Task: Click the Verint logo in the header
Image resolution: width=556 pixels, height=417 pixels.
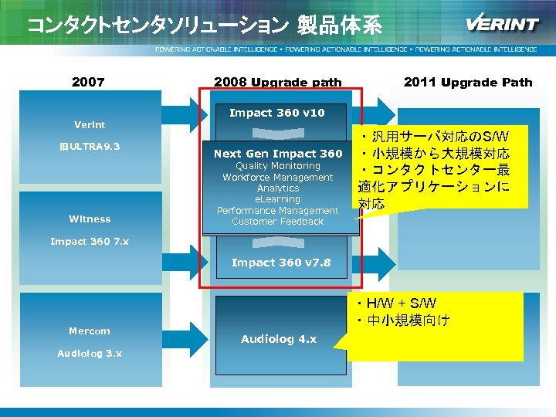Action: tap(502, 23)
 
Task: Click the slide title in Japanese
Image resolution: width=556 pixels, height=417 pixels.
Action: tap(205, 25)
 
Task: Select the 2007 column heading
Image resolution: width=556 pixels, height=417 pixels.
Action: tap(88, 82)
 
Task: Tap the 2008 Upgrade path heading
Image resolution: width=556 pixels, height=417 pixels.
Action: tap(278, 82)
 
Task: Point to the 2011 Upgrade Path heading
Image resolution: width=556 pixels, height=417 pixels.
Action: tap(468, 82)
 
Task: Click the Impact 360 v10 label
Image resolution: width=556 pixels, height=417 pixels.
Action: tap(277, 113)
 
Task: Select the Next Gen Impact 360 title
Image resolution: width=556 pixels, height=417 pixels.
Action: tap(278, 154)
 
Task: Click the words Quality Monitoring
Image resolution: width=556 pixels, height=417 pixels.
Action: tap(278, 166)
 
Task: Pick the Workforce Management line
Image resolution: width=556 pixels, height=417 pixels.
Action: tap(278, 178)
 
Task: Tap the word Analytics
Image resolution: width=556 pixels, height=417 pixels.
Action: tap(278, 188)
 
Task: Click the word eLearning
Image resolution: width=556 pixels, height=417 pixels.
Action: tap(278, 199)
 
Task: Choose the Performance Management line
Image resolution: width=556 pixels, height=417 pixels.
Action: tap(278, 211)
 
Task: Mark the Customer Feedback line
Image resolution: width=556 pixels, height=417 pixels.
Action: tap(278, 222)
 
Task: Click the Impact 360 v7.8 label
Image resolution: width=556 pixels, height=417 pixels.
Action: tap(281, 263)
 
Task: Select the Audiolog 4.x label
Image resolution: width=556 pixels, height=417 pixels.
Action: tap(278, 339)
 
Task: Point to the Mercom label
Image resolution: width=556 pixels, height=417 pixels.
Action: tap(90, 331)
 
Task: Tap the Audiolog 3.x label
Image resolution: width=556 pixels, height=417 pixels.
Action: tap(90, 353)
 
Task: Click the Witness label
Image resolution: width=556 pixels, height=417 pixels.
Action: tap(90, 219)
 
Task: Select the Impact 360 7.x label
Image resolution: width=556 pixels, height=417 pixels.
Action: tap(90, 242)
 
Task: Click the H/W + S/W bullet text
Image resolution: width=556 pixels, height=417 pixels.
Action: tap(401, 303)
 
